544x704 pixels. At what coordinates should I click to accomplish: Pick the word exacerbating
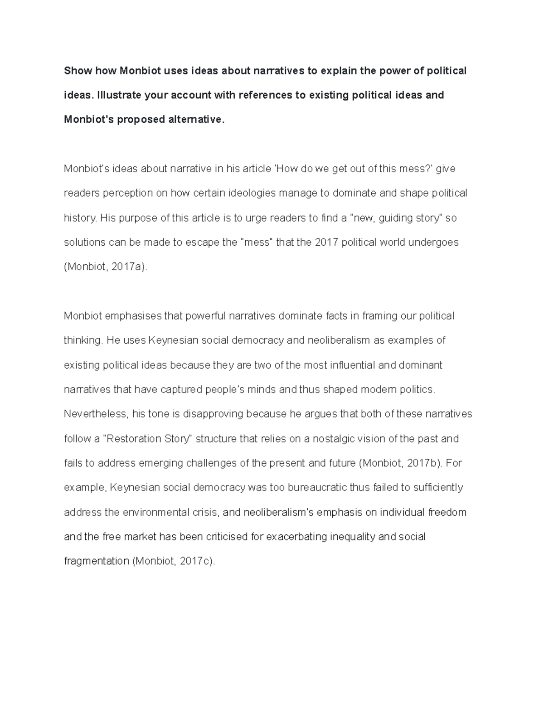[297, 537]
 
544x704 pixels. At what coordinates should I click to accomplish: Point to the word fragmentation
[97, 562]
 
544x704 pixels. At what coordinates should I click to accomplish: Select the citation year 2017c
[195, 562]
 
